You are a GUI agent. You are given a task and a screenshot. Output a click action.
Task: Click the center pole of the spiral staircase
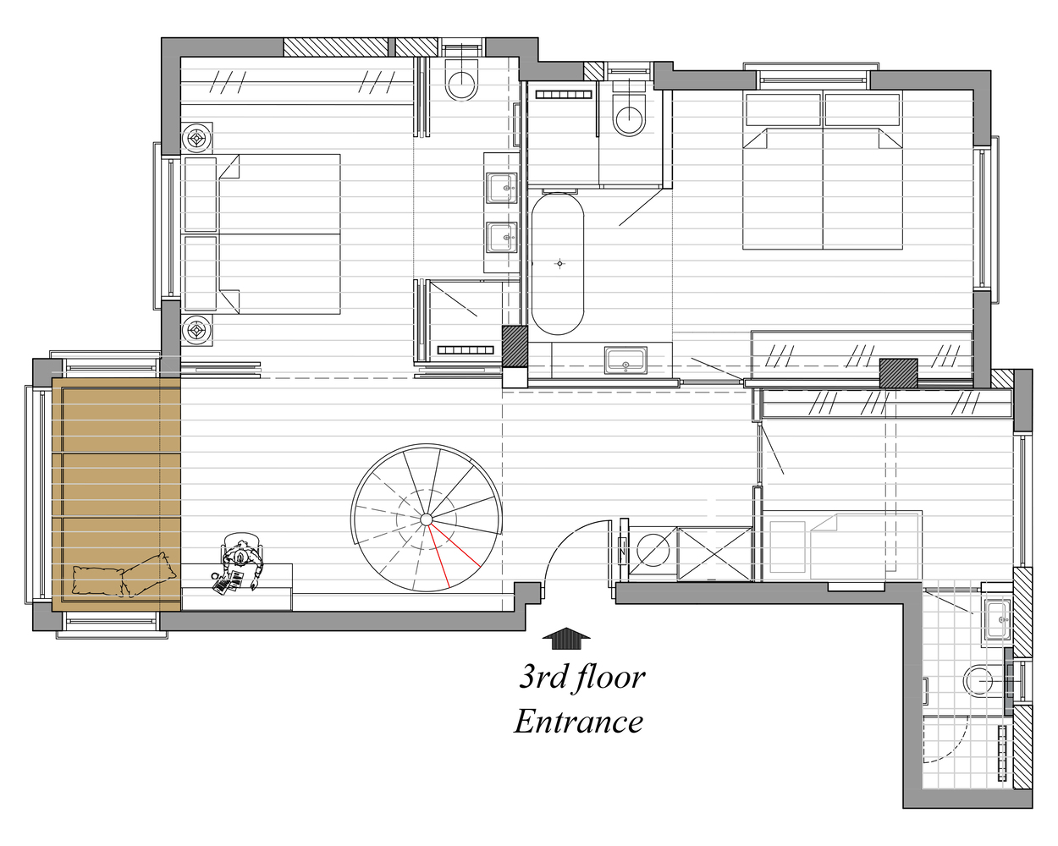pos(427,519)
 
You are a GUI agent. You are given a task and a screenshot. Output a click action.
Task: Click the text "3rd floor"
pos(581,676)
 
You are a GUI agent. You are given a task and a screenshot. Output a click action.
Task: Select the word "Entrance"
pos(579,721)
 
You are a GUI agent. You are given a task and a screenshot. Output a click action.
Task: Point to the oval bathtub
pos(557,263)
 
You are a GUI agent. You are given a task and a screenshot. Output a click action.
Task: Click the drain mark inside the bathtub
pos(559,264)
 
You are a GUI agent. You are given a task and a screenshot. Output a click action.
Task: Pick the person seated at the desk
pos(241,558)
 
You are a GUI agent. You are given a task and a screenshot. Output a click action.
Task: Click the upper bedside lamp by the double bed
pos(197,137)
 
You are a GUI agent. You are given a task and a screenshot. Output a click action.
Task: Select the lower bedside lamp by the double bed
pos(197,330)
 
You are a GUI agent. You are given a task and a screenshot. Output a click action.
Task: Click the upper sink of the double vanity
pos(503,186)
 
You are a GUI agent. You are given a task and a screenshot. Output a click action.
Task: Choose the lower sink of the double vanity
pos(503,238)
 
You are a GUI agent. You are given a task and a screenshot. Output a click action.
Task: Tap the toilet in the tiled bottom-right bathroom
pos(980,681)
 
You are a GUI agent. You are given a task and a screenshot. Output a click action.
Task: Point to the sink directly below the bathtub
pos(625,359)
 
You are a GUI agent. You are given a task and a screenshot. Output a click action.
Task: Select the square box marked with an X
pos(714,554)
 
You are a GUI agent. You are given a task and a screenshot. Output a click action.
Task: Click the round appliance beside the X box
pos(653,552)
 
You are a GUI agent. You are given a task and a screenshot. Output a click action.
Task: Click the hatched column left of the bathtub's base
pos(515,346)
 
